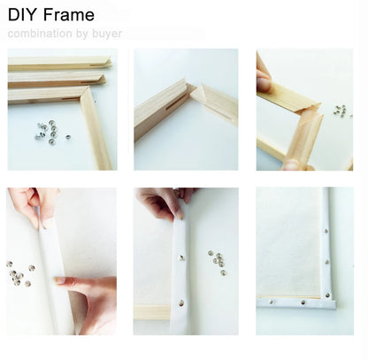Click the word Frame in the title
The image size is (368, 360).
pos(68,15)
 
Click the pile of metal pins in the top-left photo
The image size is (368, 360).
pos(49,131)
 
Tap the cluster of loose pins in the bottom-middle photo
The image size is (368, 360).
pos(217,260)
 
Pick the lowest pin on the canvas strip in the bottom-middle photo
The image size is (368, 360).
pos(182,302)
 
